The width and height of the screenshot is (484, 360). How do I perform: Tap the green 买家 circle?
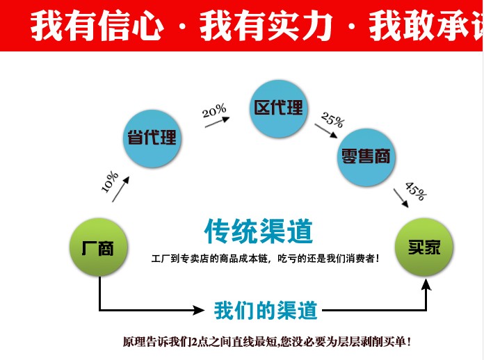[423, 247]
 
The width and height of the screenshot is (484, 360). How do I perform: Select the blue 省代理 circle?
[151, 138]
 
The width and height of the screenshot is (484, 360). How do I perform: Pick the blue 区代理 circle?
[278, 108]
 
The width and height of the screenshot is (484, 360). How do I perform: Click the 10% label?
[110, 181]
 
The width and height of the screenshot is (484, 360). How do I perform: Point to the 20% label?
[214, 110]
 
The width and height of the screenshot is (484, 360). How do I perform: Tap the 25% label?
[332, 119]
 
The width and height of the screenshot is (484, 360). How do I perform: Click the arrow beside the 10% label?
[121, 188]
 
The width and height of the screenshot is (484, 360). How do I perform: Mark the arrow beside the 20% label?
[218, 123]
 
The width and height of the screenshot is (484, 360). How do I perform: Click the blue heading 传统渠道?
[259, 231]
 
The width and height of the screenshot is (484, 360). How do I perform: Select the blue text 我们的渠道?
[266, 310]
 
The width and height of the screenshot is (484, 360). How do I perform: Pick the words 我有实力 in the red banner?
[267, 26]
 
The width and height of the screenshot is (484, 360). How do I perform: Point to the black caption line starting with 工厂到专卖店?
[266, 259]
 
